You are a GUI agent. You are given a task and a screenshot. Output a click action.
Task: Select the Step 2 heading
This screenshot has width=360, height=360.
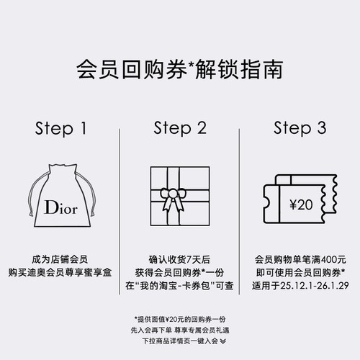(179, 129)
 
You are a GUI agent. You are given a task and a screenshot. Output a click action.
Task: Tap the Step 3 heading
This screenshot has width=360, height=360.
(300, 129)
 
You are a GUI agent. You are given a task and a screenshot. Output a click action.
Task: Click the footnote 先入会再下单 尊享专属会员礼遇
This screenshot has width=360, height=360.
(179, 329)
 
